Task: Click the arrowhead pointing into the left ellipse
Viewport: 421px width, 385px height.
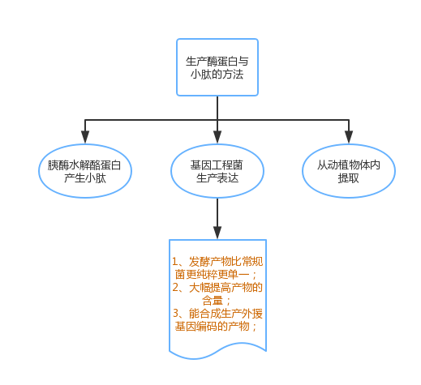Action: (x=85, y=137)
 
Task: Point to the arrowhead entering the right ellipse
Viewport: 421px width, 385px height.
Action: (x=349, y=137)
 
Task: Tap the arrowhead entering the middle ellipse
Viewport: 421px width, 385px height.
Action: (x=217, y=137)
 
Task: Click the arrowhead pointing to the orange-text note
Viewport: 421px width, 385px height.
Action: (x=217, y=233)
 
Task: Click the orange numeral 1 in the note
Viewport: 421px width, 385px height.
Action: (x=175, y=262)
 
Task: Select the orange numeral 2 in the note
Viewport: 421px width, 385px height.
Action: (x=175, y=288)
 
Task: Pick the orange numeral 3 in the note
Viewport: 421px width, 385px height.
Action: (x=176, y=314)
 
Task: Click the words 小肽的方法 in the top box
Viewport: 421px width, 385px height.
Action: (x=217, y=75)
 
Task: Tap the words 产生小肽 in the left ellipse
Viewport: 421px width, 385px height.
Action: (x=85, y=178)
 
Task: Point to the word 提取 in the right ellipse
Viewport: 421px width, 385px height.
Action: (x=349, y=178)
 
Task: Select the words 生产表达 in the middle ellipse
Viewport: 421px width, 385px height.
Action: (x=217, y=178)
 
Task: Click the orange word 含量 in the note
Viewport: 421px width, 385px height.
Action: (x=213, y=301)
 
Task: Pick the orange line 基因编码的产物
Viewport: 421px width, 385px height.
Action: (x=212, y=327)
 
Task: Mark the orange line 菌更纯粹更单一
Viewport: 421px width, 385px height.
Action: (x=212, y=275)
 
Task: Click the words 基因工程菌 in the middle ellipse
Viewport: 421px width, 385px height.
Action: (x=217, y=165)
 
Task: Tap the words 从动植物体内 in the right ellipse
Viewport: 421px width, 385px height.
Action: (x=349, y=165)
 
